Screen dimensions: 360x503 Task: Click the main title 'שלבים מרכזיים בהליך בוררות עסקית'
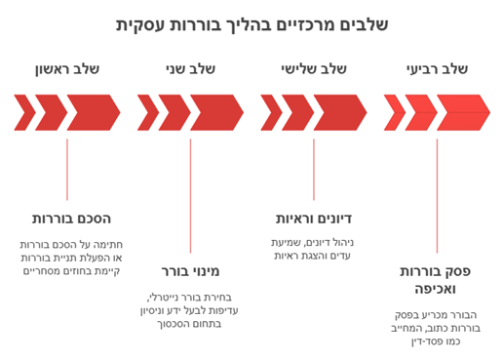251,23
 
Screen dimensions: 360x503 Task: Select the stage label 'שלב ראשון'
66,69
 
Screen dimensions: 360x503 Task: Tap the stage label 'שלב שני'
190,69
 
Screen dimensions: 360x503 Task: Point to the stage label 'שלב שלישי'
314,69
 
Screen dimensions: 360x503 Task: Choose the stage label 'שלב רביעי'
437,69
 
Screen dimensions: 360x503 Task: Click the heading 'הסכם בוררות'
72,219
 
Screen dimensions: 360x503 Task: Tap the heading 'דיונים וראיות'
314,219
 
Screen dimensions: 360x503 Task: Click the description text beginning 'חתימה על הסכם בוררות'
70,258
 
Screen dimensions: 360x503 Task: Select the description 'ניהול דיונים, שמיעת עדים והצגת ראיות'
314,249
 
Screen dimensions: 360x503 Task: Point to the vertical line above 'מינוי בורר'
190,195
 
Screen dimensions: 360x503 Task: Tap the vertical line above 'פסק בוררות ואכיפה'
437,195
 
